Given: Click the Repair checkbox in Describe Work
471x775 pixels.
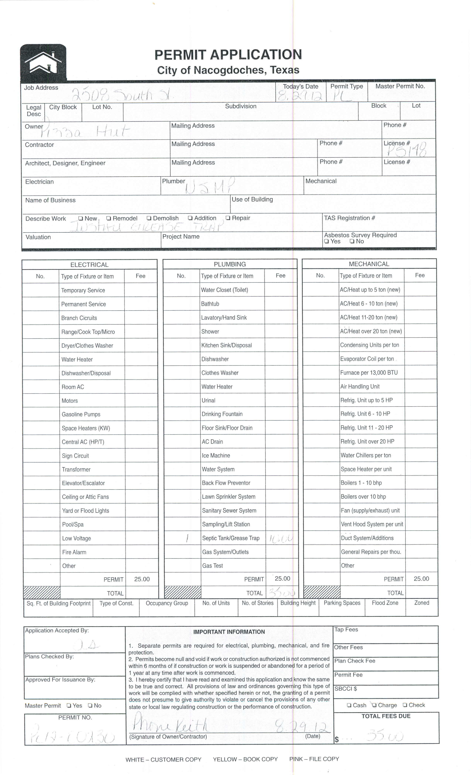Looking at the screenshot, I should [x=228, y=218].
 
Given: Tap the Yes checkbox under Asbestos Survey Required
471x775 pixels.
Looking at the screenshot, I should [x=327, y=242].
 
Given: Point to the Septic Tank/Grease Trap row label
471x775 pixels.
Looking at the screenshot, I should [x=231, y=538].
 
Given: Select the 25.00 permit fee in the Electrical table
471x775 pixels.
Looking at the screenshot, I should [x=142, y=579].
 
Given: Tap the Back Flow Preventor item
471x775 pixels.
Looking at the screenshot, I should [x=226, y=483].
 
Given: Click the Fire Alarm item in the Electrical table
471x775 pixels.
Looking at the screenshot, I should [x=74, y=552].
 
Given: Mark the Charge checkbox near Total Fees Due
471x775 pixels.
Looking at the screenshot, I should [x=374, y=705].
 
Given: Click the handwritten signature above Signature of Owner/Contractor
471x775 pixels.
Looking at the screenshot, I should [x=170, y=724].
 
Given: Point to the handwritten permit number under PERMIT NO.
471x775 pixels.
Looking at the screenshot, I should [x=72, y=736].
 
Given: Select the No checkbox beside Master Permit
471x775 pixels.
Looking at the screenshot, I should [x=90, y=705].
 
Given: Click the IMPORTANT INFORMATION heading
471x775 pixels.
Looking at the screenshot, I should [x=229, y=632].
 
